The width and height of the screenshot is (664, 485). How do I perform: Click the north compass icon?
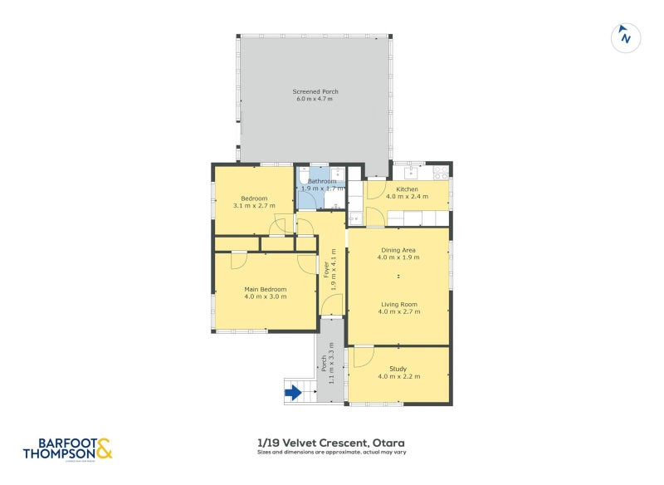click(x=625, y=37)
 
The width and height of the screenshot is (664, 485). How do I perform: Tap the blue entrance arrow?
click(x=292, y=393)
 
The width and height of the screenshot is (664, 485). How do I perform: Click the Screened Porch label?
click(x=315, y=91)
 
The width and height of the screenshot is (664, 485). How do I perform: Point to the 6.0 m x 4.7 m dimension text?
click(x=315, y=100)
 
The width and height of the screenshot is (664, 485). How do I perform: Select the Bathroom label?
click(x=322, y=181)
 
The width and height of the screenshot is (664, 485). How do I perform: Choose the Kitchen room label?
click(x=407, y=189)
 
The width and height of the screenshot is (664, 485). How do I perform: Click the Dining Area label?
click(x=398, y=249)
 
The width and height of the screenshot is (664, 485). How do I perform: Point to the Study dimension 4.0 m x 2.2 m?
click(x=398, y=376)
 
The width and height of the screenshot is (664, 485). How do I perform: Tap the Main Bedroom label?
click(x=266, y=289)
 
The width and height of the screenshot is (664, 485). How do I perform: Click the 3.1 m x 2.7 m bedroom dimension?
click(x=254, y=205)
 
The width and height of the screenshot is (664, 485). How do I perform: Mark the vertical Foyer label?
click(x=326, y=269)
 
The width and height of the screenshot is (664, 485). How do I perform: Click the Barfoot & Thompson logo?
click(x=66, y=448)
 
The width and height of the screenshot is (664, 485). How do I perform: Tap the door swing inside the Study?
click(x=362, y=357)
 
